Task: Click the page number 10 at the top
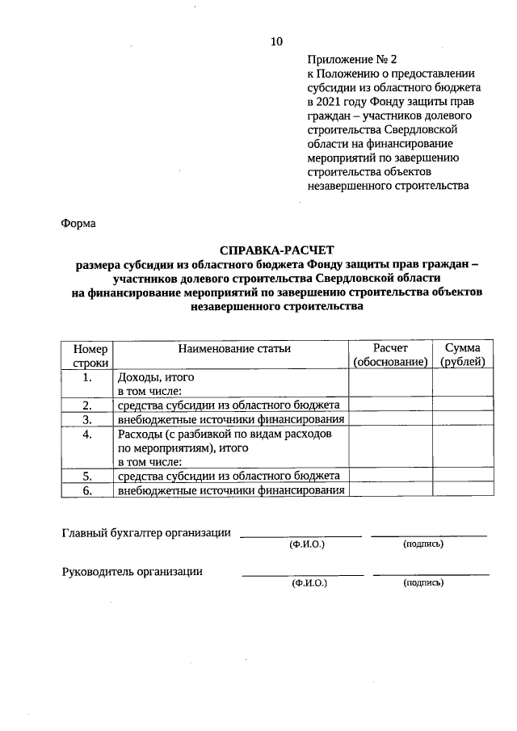coord(277,41)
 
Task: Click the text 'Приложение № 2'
coord(353,60)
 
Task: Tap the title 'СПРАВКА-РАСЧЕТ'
coord(276,250)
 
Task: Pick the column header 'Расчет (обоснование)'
coord(391,355)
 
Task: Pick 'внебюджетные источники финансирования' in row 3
coord(231,419)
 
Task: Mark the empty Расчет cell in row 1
coord(391,384)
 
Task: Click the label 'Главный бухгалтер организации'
coord(146,532)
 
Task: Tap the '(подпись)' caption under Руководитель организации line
coord(423,582)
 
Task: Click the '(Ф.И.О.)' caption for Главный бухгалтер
coord(307,545)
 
